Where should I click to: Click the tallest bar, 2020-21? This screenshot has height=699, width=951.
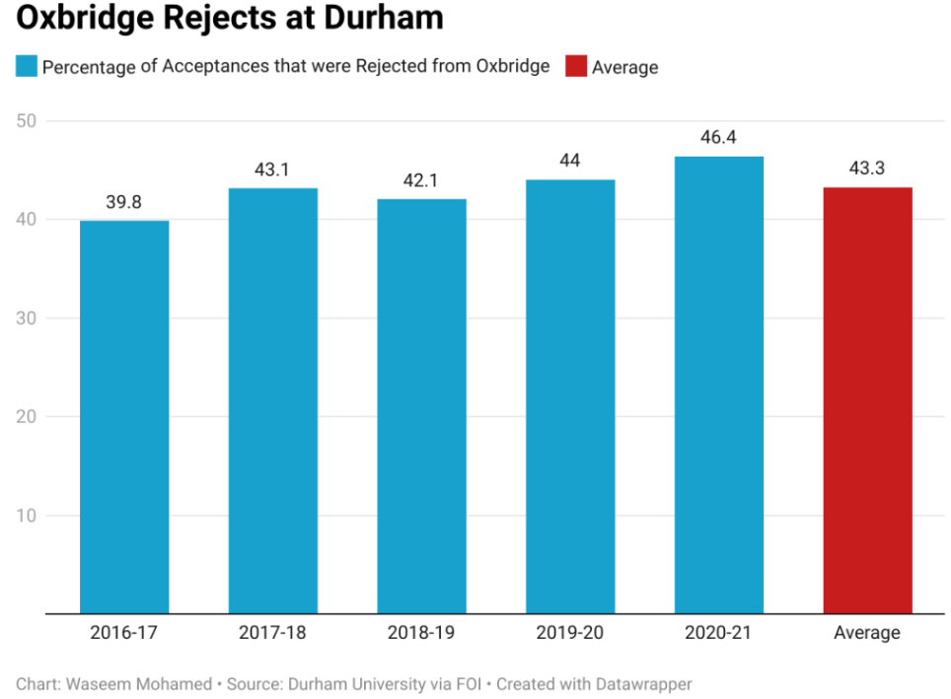(x=718, y=384)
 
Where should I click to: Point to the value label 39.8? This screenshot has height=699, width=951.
(x=124, y=202)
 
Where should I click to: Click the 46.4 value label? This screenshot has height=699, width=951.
(x=718, y=138)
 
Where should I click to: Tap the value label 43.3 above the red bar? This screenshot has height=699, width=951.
(x=867, y=169)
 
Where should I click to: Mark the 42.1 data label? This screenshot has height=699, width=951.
(x=421, y=180)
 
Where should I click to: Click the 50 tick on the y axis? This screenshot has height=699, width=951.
(x=28, y=120)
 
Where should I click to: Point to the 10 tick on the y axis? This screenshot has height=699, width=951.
(x=28, y=515)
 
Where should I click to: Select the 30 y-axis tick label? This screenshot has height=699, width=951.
(x=28, y=317)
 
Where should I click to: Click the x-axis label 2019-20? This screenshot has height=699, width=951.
(x=570, y=633)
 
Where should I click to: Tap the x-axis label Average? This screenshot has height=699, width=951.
(x=867, y=633)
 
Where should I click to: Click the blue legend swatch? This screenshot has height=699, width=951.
(x=27, y=67)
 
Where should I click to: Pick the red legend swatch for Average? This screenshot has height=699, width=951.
(x=575, y=67)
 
